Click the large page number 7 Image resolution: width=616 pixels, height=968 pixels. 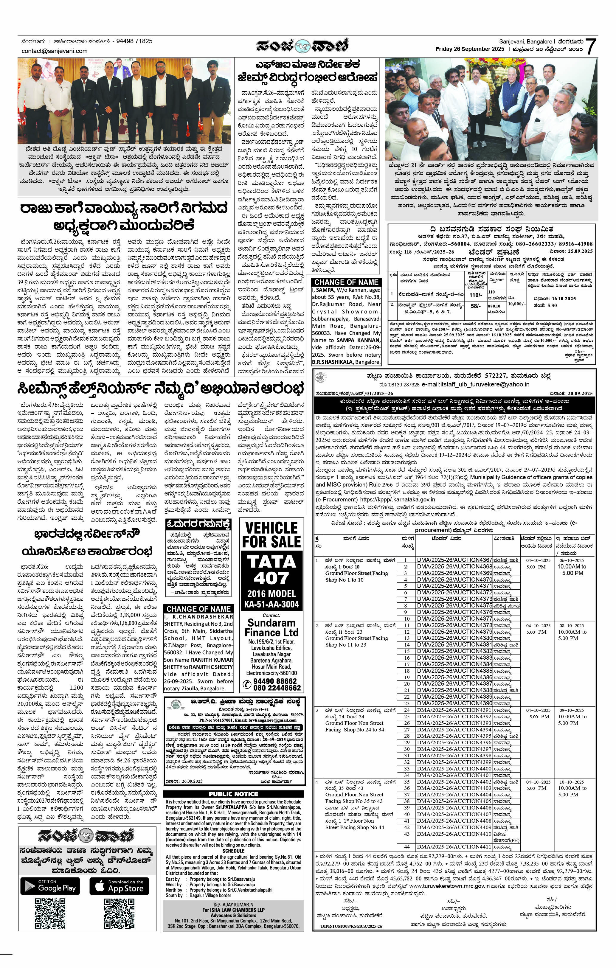pos(590,47)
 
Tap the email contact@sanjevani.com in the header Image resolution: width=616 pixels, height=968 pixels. pos(54,51)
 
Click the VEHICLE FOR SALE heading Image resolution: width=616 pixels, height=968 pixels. pos(271,535)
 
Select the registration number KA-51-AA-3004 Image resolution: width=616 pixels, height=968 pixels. pos(271,604)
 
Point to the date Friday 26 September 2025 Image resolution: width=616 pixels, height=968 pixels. pos(470,49)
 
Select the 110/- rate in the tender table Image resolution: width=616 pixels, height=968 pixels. pos(476,295)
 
